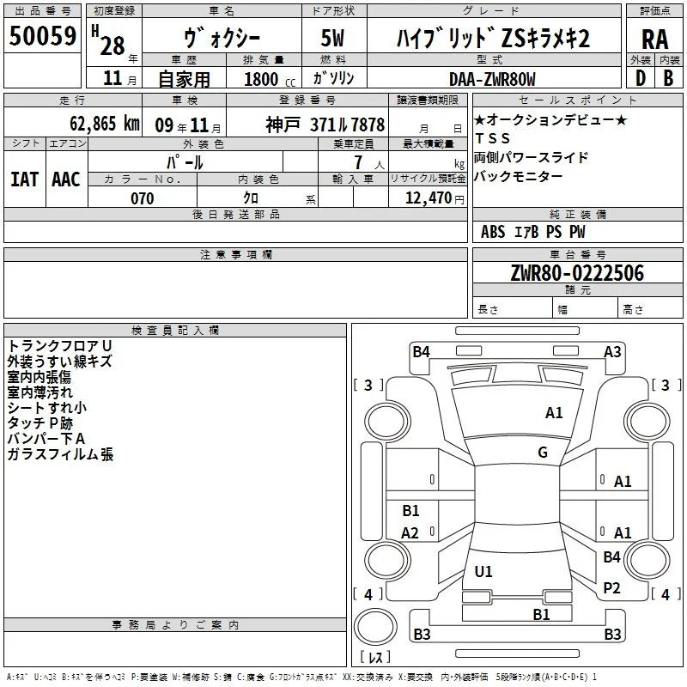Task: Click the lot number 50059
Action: click(x=42, y=36)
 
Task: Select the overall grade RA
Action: click(x=654, y=40)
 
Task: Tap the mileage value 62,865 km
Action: click(x=104, y=124)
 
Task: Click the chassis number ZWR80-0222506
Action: click(x=577, y=273)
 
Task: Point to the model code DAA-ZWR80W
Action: click(x=492, y=79)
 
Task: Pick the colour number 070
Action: click(x=142, y=198)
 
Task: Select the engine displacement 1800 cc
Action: click(x=270, y=79)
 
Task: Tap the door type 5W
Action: click(x=332, y=38)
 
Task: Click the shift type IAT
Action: click(x=25, y=179)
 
